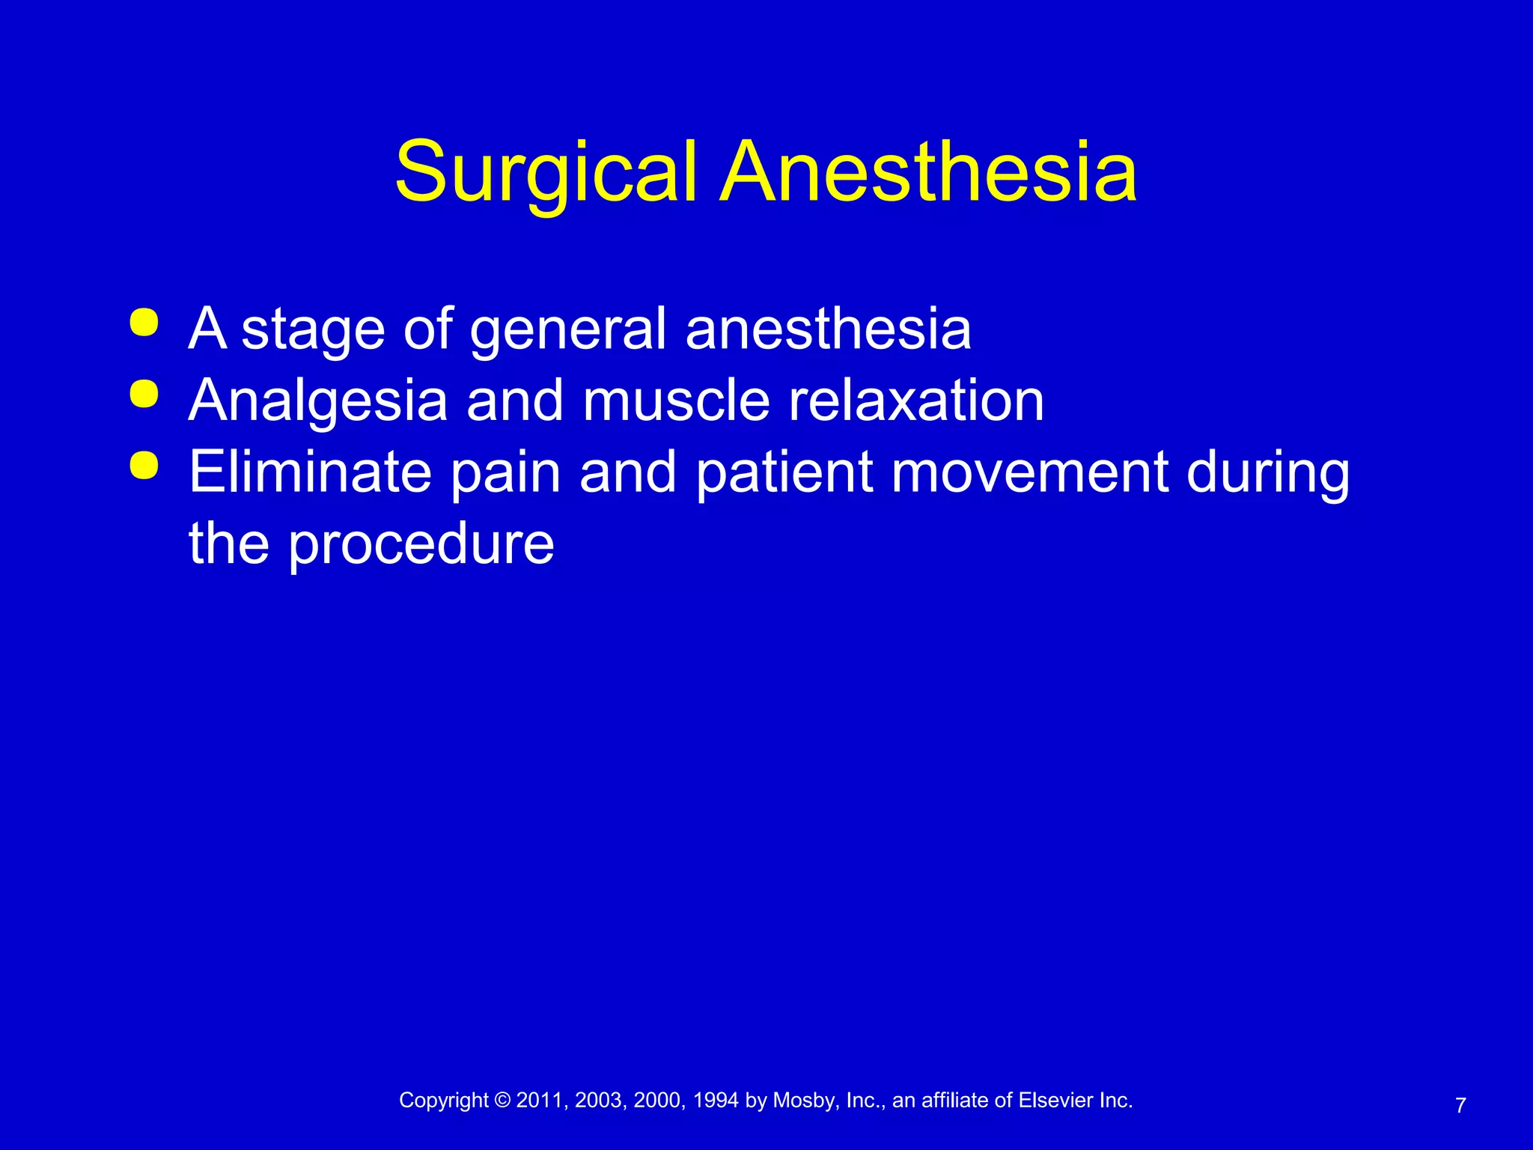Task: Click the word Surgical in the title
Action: (x=546, y=174)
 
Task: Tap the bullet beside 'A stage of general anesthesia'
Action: (x=144, y=323)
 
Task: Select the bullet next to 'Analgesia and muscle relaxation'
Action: (x=144, y=395)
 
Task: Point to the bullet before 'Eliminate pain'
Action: (x=144, y=465)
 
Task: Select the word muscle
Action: (x=676, y=401)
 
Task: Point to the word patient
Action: (x=784, y=473)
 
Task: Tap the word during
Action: (x=1268, y=473)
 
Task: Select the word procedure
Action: (x=421, y=544)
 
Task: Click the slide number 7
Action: (x=1460, y=1106)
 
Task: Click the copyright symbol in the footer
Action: (x=502, y=1100)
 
